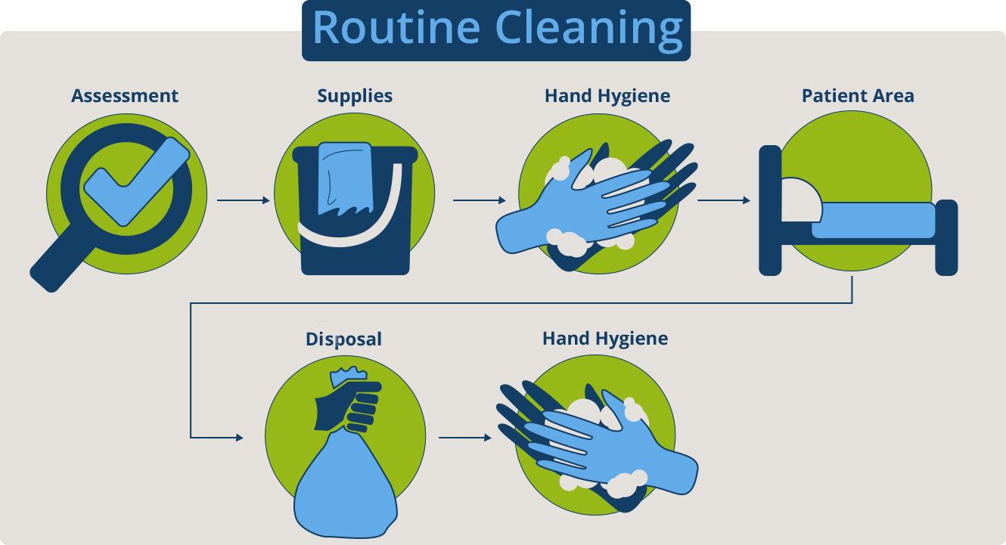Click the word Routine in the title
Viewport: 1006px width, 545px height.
pos(396,29)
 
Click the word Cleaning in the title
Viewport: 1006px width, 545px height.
pos(589,29)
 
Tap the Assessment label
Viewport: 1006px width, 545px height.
pos(125,96)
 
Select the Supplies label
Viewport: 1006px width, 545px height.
pos(355,96)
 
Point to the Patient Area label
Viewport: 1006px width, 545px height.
pos(858,96)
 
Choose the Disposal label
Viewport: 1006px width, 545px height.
pos(343,339)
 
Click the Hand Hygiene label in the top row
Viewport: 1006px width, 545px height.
pos(607,96)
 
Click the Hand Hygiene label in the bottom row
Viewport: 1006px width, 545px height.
pos(605,338)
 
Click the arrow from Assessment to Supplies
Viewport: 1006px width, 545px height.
pos(243,200)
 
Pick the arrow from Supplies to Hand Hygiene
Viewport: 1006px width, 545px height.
pos(479,200)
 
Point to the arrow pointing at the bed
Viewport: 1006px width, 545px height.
pos(723,200)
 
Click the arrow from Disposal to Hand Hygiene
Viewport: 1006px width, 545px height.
pos(464,437)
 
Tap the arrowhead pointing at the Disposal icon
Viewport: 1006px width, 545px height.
pos(239,437)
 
